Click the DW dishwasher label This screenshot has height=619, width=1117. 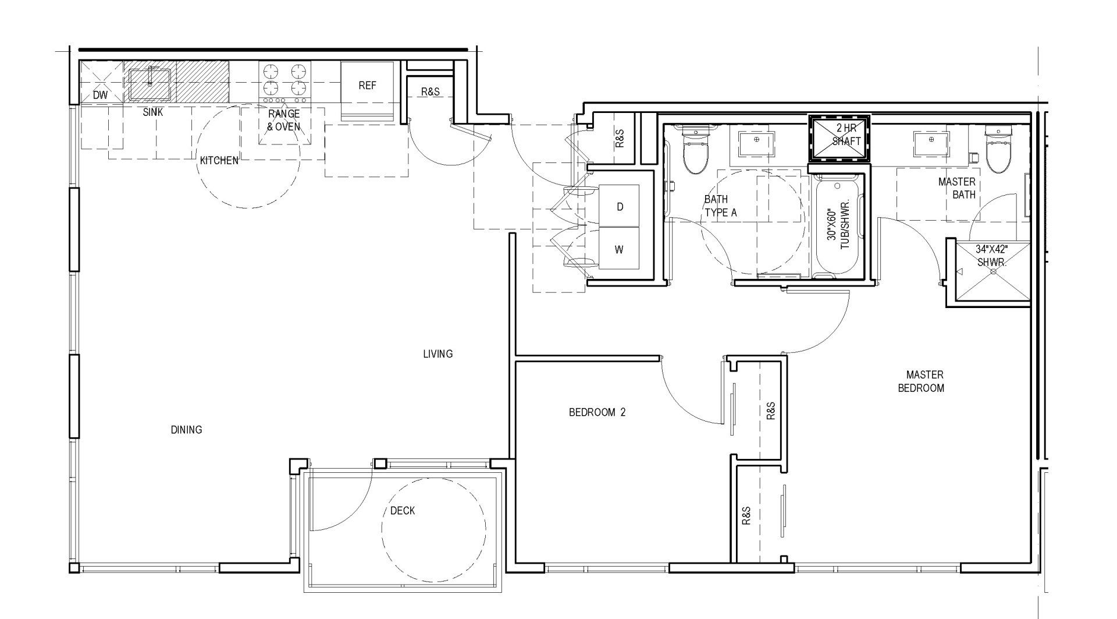(100, 95)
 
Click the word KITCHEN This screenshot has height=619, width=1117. (219, 160)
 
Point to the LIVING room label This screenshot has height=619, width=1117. (437, 353)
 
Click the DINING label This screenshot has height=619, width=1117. (186, 430)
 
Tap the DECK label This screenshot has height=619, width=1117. (403, 511)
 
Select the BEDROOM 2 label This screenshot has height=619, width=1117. (597, 412)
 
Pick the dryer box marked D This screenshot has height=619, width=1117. (620, 207)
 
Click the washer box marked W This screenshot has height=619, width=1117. (619, 249)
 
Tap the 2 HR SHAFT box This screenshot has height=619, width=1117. (839, 139)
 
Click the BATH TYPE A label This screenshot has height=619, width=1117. (720, 206)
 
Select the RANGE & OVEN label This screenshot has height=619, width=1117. (283, 120)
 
